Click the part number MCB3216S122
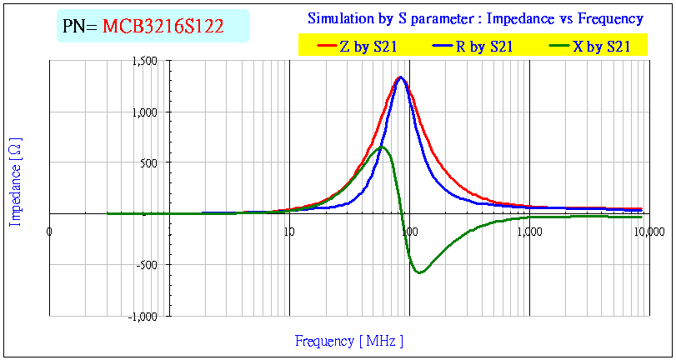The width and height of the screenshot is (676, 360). coord(163,27)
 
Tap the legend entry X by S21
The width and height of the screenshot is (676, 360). coord(601,47)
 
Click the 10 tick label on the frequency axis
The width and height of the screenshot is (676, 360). coord(288,230)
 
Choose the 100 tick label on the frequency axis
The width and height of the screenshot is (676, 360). coord(408,230)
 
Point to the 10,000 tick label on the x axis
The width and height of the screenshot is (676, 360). coord(647,230)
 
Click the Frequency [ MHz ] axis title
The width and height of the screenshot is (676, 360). coord(348,340)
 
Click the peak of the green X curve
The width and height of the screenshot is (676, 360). coord(382,147)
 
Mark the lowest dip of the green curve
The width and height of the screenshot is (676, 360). coord(419,272)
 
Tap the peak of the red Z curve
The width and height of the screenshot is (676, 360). coord(401,77)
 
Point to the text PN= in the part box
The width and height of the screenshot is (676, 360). coord(81,27)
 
